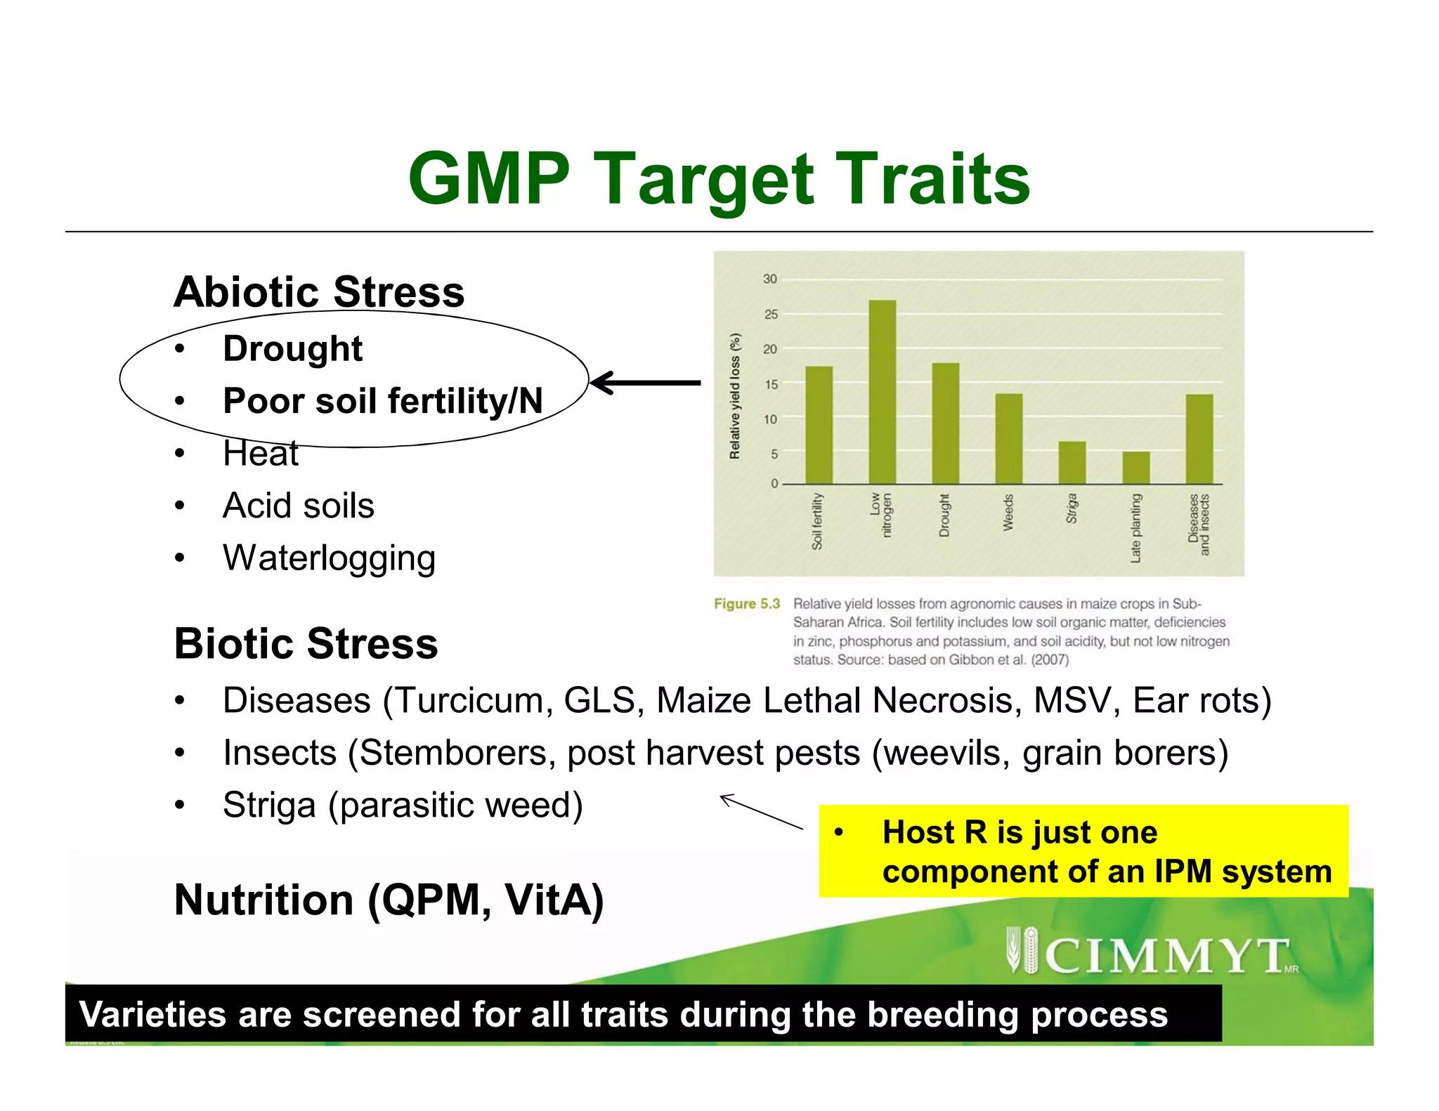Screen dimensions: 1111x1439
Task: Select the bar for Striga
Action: coord(1072,463)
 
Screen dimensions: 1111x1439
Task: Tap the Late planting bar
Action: coord(1135,468)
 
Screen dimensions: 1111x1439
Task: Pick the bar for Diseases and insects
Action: coord(1199,439)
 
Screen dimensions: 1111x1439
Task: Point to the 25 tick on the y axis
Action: coord(771,314)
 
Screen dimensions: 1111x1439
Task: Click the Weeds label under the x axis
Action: coord(1008,512)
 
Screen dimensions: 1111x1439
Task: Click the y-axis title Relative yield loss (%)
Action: coord(735,396)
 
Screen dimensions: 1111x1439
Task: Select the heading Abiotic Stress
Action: coord(319,292)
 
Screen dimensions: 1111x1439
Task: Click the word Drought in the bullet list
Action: coord(292,349)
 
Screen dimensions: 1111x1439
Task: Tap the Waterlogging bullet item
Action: coord(329,558)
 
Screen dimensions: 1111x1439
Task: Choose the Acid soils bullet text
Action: coord(298,506)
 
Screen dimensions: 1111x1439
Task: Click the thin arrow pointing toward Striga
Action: coord(760,812)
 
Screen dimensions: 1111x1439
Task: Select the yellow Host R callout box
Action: coord(1083,851)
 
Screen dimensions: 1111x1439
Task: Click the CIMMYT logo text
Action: coord(1166,955)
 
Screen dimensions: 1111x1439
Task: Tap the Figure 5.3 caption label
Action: coord(746,604)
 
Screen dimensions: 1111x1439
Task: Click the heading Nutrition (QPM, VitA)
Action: coord(389,900)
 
